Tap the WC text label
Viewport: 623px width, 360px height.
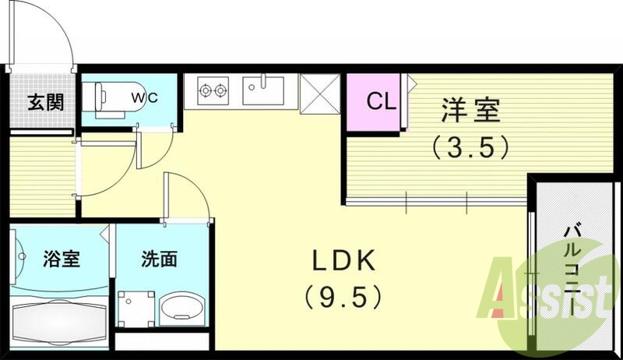click(x=143, y=98)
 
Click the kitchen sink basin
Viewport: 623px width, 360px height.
click(x=267, y=90)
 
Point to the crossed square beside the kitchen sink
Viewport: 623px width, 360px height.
click(x=319, y=92)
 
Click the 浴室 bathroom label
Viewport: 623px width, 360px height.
click(x=60, y=259)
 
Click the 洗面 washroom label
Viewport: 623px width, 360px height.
click(x=158, y=259)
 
